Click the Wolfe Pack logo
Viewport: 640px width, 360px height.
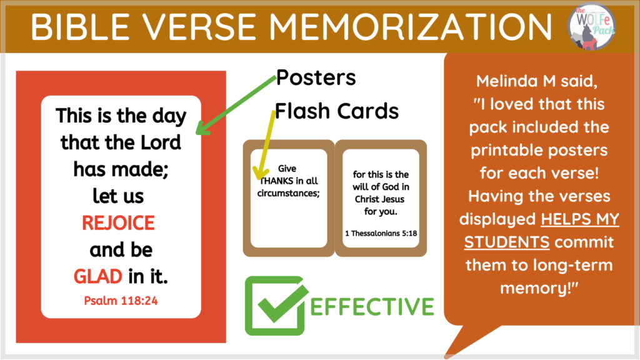point(592,26)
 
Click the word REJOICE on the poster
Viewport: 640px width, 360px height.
point(118,223)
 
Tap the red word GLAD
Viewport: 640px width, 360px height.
point(98,276)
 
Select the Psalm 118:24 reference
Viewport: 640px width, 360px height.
point(121,301)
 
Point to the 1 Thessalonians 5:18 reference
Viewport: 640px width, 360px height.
point(381,234)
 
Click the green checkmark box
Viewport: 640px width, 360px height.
point(275,306)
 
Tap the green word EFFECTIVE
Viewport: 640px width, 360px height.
point(372,306)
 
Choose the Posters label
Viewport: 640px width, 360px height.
point(316,77)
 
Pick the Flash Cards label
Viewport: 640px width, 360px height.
point(337,111)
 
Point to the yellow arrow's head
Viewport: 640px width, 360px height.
point(261,174)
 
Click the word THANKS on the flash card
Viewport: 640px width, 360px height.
point(277,181)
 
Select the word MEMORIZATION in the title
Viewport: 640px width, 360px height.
point(410,26)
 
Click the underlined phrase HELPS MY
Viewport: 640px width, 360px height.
point(580,219)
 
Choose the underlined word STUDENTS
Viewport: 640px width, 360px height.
point(507,242)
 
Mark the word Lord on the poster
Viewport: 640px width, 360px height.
point(161,142)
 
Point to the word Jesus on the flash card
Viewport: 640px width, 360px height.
point(394,199)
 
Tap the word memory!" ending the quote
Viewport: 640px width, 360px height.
point(539,288)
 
